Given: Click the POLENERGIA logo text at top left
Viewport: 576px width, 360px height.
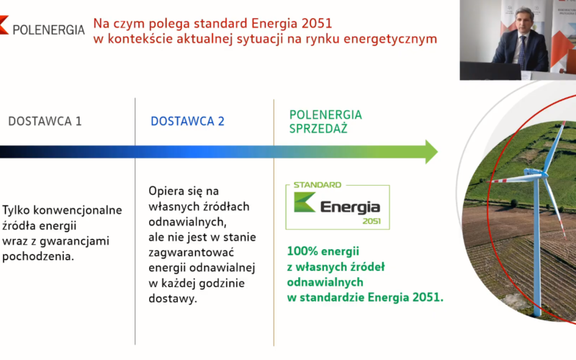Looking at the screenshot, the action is click(x=48, y=30).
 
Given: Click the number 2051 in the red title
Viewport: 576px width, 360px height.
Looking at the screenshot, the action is click(x=316, y=23).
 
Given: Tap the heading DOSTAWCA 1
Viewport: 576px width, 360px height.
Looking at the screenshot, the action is click(x=45, y=121).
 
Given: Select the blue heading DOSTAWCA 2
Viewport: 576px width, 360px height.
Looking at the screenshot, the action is click(x=187, y=121).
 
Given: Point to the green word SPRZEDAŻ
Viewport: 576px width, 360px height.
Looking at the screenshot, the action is click(x=318, y=129).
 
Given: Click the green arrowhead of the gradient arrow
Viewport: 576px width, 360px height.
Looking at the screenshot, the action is click(x=431, y=151).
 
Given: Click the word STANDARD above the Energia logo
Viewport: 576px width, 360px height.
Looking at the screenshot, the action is click(x=318, y=185).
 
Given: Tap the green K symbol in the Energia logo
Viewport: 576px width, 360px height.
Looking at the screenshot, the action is click(x=304, y=202).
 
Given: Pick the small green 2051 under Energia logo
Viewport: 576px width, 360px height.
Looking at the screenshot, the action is click(x=372, y=221).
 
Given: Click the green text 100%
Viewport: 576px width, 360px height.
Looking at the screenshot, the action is click(x=302, y=251).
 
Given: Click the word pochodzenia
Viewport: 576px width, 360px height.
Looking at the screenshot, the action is click(x=38, y=256).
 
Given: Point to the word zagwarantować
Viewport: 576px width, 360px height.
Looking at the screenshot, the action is click(x=191, y=253).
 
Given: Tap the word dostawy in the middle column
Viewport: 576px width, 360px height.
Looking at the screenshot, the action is click(x=173, y=298).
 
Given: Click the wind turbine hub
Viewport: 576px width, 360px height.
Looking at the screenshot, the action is click(x=534, y=173).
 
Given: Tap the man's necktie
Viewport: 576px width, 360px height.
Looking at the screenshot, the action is click(x=523, y=51).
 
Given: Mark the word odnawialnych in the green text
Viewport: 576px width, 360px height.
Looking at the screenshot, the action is click(x=325, y=282).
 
